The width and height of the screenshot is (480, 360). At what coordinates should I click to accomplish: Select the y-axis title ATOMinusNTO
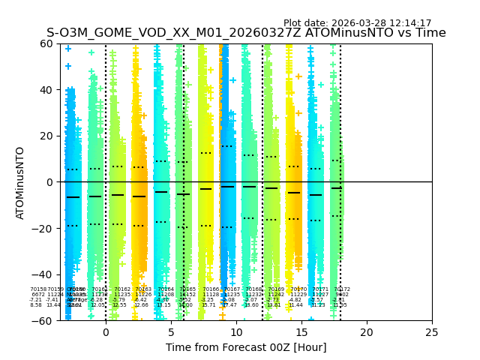[x=21, y=182]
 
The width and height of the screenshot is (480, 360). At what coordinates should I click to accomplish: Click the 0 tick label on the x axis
[x=106, y=331]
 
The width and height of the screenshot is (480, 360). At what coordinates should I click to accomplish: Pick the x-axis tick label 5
[x=171, y=331]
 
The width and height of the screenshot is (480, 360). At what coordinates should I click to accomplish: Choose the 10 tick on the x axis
[x=236, y=331]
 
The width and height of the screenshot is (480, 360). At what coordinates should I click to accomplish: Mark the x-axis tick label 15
[x=301, y=331]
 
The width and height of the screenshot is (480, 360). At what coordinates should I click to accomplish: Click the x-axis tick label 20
[x=367, y=331]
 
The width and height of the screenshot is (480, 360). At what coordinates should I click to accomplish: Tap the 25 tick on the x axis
[x=432, y=331]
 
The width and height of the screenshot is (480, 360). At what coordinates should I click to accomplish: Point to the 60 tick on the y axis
[x=47, y=43]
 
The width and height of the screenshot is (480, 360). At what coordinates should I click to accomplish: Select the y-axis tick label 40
[x=47, y=90]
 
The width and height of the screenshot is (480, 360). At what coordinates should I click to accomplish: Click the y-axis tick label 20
[x=47, y=136]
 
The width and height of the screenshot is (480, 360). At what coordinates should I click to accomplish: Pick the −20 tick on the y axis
[x=44, y=228]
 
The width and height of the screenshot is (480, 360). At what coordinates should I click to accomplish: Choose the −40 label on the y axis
[x=44, y=274]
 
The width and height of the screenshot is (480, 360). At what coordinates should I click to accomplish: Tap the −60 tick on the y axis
[x=44, y=320]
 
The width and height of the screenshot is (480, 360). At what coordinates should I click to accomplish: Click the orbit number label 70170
[x=298, y=289]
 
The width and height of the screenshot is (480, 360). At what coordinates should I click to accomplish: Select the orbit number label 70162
[x=121, y=289]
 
